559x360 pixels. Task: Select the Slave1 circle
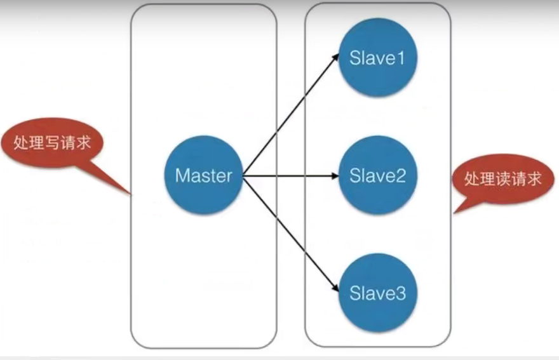click(377, 58)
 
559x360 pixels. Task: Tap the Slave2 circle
click(377, 175)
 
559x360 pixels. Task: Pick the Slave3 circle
click(377, 293)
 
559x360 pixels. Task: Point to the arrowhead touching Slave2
click(336, 175)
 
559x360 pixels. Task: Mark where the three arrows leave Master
click(244, 175)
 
